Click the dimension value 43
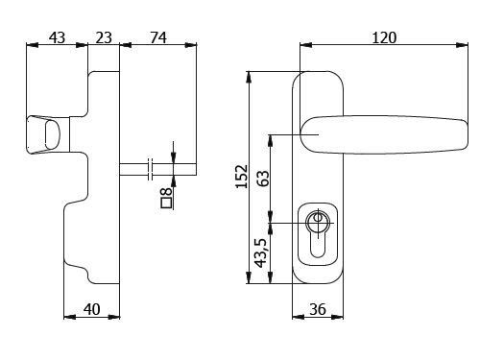(57, 37)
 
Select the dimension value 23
(104, 37)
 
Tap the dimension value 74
(158, 37)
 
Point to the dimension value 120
(384, 37)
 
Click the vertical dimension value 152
(242, 177)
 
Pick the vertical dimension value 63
(263, 179)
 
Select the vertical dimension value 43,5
(260, 252)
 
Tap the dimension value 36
(318, 309)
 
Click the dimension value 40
(92, 309)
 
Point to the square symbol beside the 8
(167, 203)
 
